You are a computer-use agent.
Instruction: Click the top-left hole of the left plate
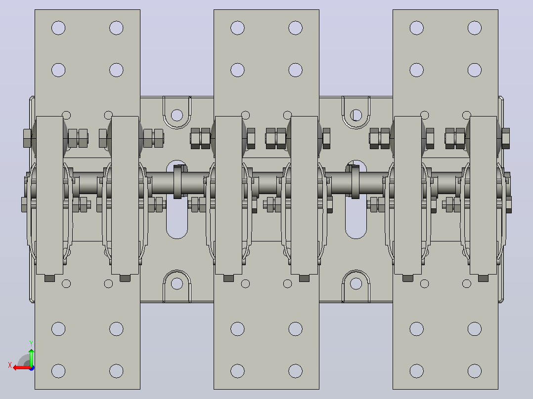[x=58, y=28]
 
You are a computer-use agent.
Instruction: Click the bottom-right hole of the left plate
[x=116, y=371]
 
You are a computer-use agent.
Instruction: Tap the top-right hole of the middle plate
[x=295, y=28]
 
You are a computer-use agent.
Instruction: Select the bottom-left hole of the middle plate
[x=237, y=371]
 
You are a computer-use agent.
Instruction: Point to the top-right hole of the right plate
[x=475, y=28]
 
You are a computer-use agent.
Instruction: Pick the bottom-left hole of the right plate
[x=417, y=371]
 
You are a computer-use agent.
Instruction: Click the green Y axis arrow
[x=31, y=358]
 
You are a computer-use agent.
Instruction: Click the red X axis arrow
[x=22, y=368]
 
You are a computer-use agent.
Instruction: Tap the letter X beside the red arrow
[x=10, y=365]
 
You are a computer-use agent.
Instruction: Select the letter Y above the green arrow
[x=31, y=344]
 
